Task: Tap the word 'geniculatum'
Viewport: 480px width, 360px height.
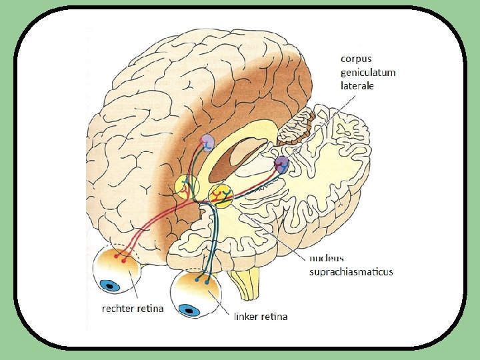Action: [368, 72]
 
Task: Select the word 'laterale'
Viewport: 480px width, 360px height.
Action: [357, 85]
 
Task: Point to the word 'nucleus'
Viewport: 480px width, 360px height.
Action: [327, 259]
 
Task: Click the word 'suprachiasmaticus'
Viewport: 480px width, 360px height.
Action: [351, 271]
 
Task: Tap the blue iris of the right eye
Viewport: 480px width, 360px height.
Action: [110, 287]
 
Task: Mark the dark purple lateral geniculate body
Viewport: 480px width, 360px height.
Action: [282, 164]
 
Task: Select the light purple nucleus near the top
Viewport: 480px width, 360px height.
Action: [208, 141]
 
